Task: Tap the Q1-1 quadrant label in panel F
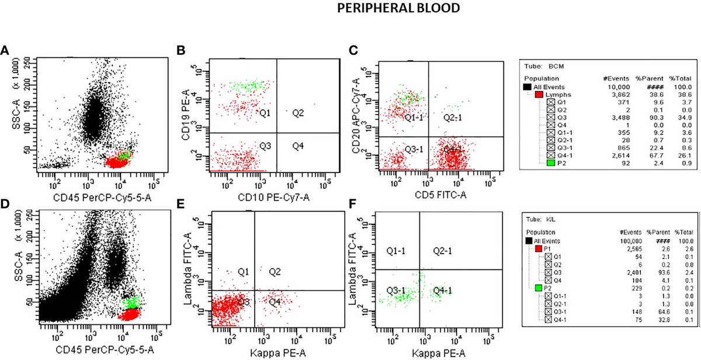click(397, 251)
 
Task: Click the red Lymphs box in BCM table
click(539, 94)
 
